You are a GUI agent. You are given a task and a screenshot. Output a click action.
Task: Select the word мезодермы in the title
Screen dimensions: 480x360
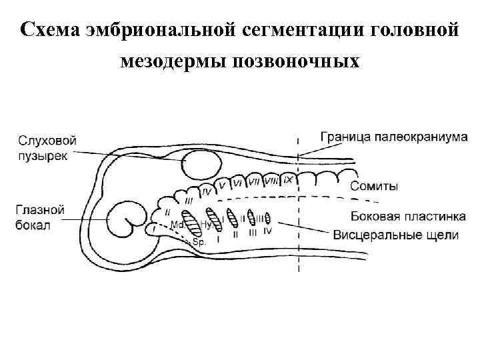pos(172,61)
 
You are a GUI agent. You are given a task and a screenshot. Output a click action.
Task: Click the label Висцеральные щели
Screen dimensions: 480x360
pos(395,234)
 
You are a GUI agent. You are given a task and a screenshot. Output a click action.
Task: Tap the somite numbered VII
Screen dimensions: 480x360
pos(254,181)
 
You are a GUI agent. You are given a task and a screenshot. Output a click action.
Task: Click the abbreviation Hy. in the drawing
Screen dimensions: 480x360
pos(206,225)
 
